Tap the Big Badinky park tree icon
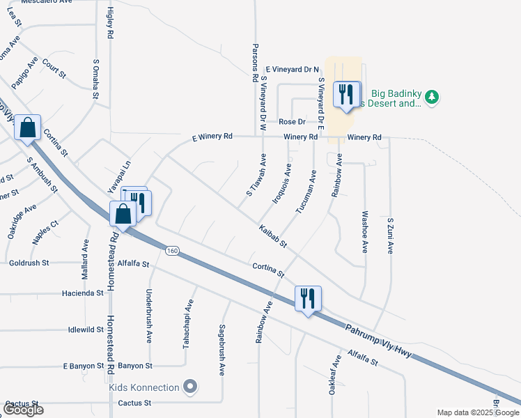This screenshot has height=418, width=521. [432, 96]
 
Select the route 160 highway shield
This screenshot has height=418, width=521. [171, 250]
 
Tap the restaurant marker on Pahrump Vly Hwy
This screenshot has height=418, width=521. [307, 298]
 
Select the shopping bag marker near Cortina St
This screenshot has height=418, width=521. [27, 127]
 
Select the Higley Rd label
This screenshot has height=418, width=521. [110, 22]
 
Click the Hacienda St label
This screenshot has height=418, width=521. [83, 293]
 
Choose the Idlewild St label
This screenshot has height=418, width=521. [87, 330]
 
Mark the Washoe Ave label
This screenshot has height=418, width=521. [364, 232]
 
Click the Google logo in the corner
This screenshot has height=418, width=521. [23, 410]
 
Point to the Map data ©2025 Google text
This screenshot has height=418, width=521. [478, 412]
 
